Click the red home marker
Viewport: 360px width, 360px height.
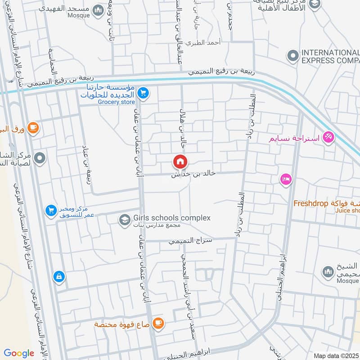pyautogui.click(x=180, y=161)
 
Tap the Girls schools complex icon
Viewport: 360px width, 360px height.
pyautogui.click(x=124, y=220)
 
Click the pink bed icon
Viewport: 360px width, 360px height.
pyautogui.click(x=285, y=179)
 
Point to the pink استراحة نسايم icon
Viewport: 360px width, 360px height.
pyautogui.click(x=328, y=137)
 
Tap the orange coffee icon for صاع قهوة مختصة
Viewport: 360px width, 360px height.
pyautogui.click(x=157, y=323)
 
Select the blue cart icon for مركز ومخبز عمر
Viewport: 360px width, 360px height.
pyautogui.click(x=50, y=210)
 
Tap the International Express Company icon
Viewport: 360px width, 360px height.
pyautogui.click(x=293, y=56)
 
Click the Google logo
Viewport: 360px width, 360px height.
pyautogui.click(x=19, y=353)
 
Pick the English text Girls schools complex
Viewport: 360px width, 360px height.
pyautogui.click(x=172, y=218)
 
